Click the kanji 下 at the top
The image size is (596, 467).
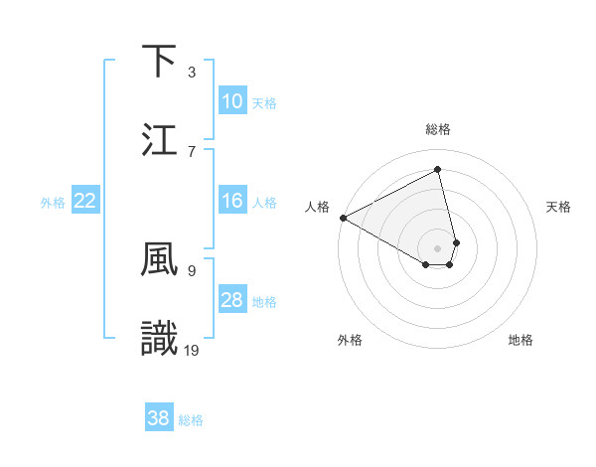point(160,62)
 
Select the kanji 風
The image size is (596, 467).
point(160,259)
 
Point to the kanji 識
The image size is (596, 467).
point(160,338)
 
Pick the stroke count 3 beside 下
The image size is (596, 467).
point(192,73)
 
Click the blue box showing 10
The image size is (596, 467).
point(232,101)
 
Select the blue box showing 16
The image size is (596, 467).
point(232,201)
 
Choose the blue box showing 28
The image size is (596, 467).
point(232,300)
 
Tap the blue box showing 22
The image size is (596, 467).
point(85,201)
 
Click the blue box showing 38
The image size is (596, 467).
point(159,418)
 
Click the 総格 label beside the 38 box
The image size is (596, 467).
point(191,420)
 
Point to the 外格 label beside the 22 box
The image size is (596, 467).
point(53,203)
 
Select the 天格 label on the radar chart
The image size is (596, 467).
point(558,207)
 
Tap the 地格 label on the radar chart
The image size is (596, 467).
point(521,340)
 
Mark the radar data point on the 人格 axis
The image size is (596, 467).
point(343,218)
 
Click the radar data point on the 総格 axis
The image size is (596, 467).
point(438,170)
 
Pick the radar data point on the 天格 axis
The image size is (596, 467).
point(456,241)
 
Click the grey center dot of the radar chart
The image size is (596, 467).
point(438,247)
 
